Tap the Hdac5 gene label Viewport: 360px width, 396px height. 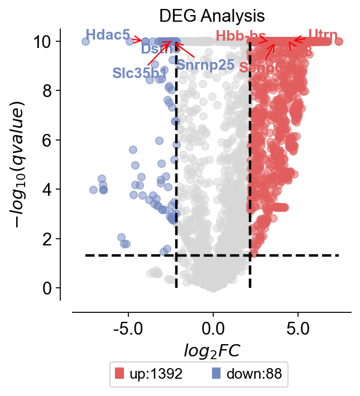click(x=108, y=35)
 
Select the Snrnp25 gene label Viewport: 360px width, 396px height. click(x=205, y=64)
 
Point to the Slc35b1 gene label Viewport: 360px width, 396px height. click(x=139, y=73)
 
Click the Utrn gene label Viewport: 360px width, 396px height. click(x=323, y=36)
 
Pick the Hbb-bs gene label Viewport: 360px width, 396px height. click(x=241, y=37)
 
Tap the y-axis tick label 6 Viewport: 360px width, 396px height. click(x=47, y=140)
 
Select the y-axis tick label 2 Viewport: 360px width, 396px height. click(x=47, y=239)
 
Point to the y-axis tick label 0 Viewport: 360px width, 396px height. click(x=47, y=288)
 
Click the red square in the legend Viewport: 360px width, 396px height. click(x=119, y=373)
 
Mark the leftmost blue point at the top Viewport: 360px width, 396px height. click(x=85, y=41)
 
